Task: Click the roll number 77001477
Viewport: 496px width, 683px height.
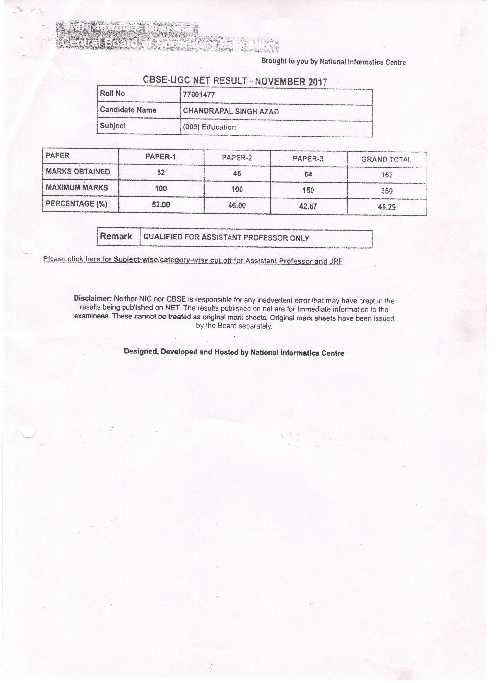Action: click(199, 95)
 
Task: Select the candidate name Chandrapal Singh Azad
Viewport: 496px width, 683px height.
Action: click(231, 111)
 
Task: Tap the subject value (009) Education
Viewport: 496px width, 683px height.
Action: click(209, 127)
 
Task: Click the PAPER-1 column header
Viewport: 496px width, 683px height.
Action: click(160, 157)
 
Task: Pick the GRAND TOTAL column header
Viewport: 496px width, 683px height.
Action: click(386, 159)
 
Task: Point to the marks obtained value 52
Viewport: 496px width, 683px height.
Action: click(161, 173)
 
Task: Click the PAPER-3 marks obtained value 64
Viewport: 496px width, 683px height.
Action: click(308, 174)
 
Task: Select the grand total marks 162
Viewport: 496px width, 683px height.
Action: click(387, 175)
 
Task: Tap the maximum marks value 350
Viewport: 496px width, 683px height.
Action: click(387, 191)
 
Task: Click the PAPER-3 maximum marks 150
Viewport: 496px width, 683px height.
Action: click(308, 190)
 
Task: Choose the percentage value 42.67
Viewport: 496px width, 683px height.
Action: click(308, 206)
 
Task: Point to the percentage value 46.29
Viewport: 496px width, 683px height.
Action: click(387, 207)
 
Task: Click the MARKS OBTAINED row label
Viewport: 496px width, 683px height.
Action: click(78, 172)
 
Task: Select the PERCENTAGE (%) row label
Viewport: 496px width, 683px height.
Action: click(77, 204)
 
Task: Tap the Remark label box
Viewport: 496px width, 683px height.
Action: click(116, 236)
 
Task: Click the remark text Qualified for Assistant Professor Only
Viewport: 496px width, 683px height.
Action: click(226, 238)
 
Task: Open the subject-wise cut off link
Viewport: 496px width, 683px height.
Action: click(193, 260)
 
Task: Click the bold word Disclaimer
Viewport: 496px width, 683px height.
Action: click(93, 298)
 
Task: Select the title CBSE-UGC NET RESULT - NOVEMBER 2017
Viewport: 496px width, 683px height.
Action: click(235, 81)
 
